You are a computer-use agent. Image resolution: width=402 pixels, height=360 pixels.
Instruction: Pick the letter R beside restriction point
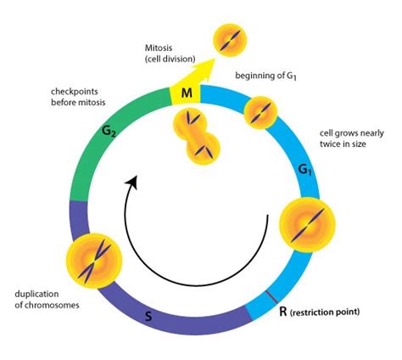[283, 312]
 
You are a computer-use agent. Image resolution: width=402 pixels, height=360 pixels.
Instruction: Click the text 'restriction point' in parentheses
[327, 313]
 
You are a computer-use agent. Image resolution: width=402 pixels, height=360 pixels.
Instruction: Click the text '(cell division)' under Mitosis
[156, 61]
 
